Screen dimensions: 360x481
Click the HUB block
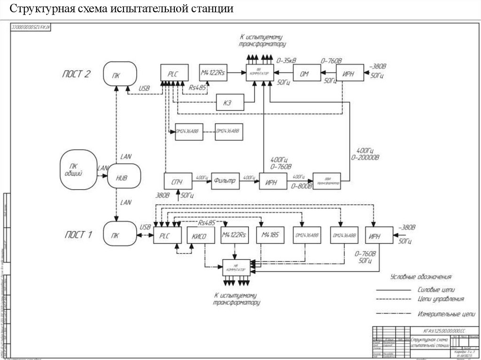click(x=124, y=177)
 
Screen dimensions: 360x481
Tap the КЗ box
click(x=230, y=103)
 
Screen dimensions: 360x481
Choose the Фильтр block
click(x=225, y=181)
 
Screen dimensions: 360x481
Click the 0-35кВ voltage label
click(x=287, y=61)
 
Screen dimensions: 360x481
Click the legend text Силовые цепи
click(x=436, y=290)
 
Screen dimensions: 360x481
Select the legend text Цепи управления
click(x=441, y=299)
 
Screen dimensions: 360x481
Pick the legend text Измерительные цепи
click(x=443, y=313)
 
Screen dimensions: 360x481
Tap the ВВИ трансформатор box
click(x=326, y=182)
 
